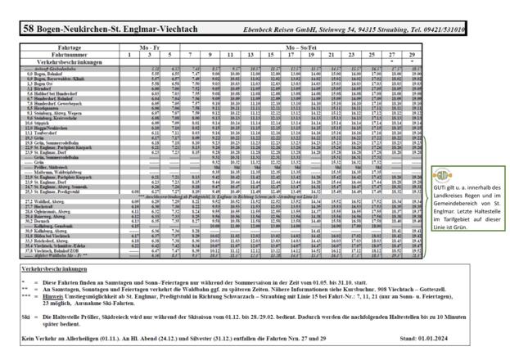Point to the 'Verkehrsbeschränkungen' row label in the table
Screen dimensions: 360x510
[61, 61]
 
